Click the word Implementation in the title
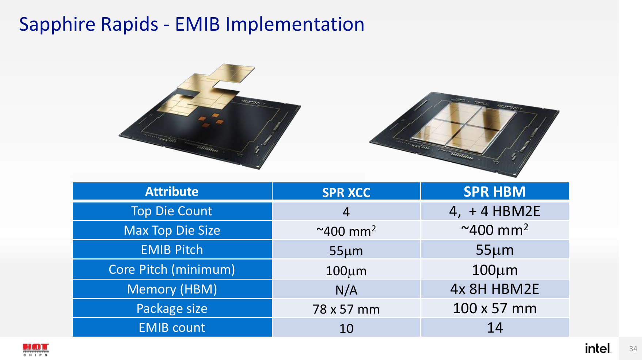[295, 24]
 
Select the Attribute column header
[172, 192]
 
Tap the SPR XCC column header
[346, 193]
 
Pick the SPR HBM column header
[494, 192]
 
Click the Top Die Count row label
[172, 211]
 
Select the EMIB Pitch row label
[172, 250]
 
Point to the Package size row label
[172, 308]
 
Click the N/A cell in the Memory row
[346, 290]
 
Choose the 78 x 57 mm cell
[346, 309]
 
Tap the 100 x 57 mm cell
[495, 308]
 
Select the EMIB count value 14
[495, 327]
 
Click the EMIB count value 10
[346, 328]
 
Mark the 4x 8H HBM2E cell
[494, 289]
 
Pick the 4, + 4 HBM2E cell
[494, 211]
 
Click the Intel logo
[598, 348]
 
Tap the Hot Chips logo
[35, 350]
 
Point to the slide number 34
[633, 349]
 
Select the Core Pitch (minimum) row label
[172, 269]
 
